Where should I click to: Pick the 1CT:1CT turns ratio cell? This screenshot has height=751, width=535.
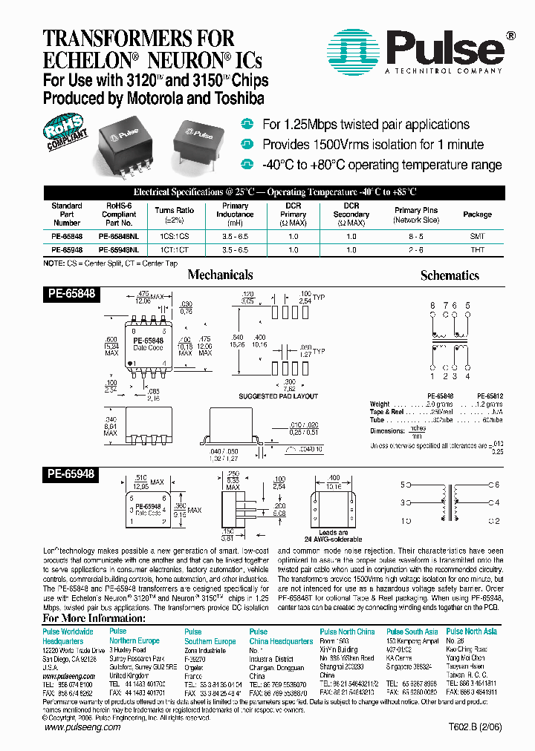click(x=174, y=250)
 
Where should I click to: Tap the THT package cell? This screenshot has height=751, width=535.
click(x=477, y=250)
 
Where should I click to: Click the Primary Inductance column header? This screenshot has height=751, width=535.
click(x=236, y=214)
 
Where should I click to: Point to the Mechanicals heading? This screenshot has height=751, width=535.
click(x=220, y=275)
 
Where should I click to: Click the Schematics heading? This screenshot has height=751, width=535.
click(x=450, y=275)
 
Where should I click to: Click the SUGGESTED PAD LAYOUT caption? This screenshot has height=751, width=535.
click(x=278, y=396)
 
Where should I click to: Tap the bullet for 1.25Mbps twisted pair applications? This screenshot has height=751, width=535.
click(x=247, y=124)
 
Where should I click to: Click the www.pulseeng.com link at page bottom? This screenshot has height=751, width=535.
click(x=82, y=727)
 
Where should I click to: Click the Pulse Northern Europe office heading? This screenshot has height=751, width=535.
click(x=134, y=636)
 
